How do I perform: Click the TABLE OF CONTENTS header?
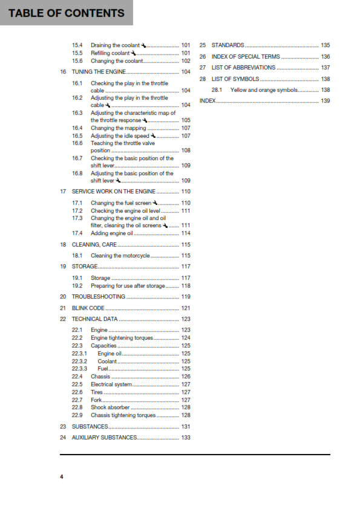click(x=67, y=13)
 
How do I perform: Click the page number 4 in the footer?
click(x=61, y=478)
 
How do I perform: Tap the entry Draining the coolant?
click(x=115, y=45)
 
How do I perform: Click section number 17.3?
click(x=77, y=218)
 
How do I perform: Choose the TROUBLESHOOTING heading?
click(x=99, y=297)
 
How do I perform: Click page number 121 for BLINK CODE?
click(x=186, y=308)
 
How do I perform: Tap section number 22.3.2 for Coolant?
click(x=79, y=361)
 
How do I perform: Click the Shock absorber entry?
click(x=110, y=407)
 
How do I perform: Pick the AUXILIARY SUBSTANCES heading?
click(x=104, y=437)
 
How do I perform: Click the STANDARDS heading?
click(x=227, y=45)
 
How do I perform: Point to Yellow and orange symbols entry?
click(x=264, y=90)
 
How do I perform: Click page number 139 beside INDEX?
click(x=326, y=101)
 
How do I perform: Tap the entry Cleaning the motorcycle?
click(x=120, y=256)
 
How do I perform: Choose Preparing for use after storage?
click(x=128, y=286)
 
